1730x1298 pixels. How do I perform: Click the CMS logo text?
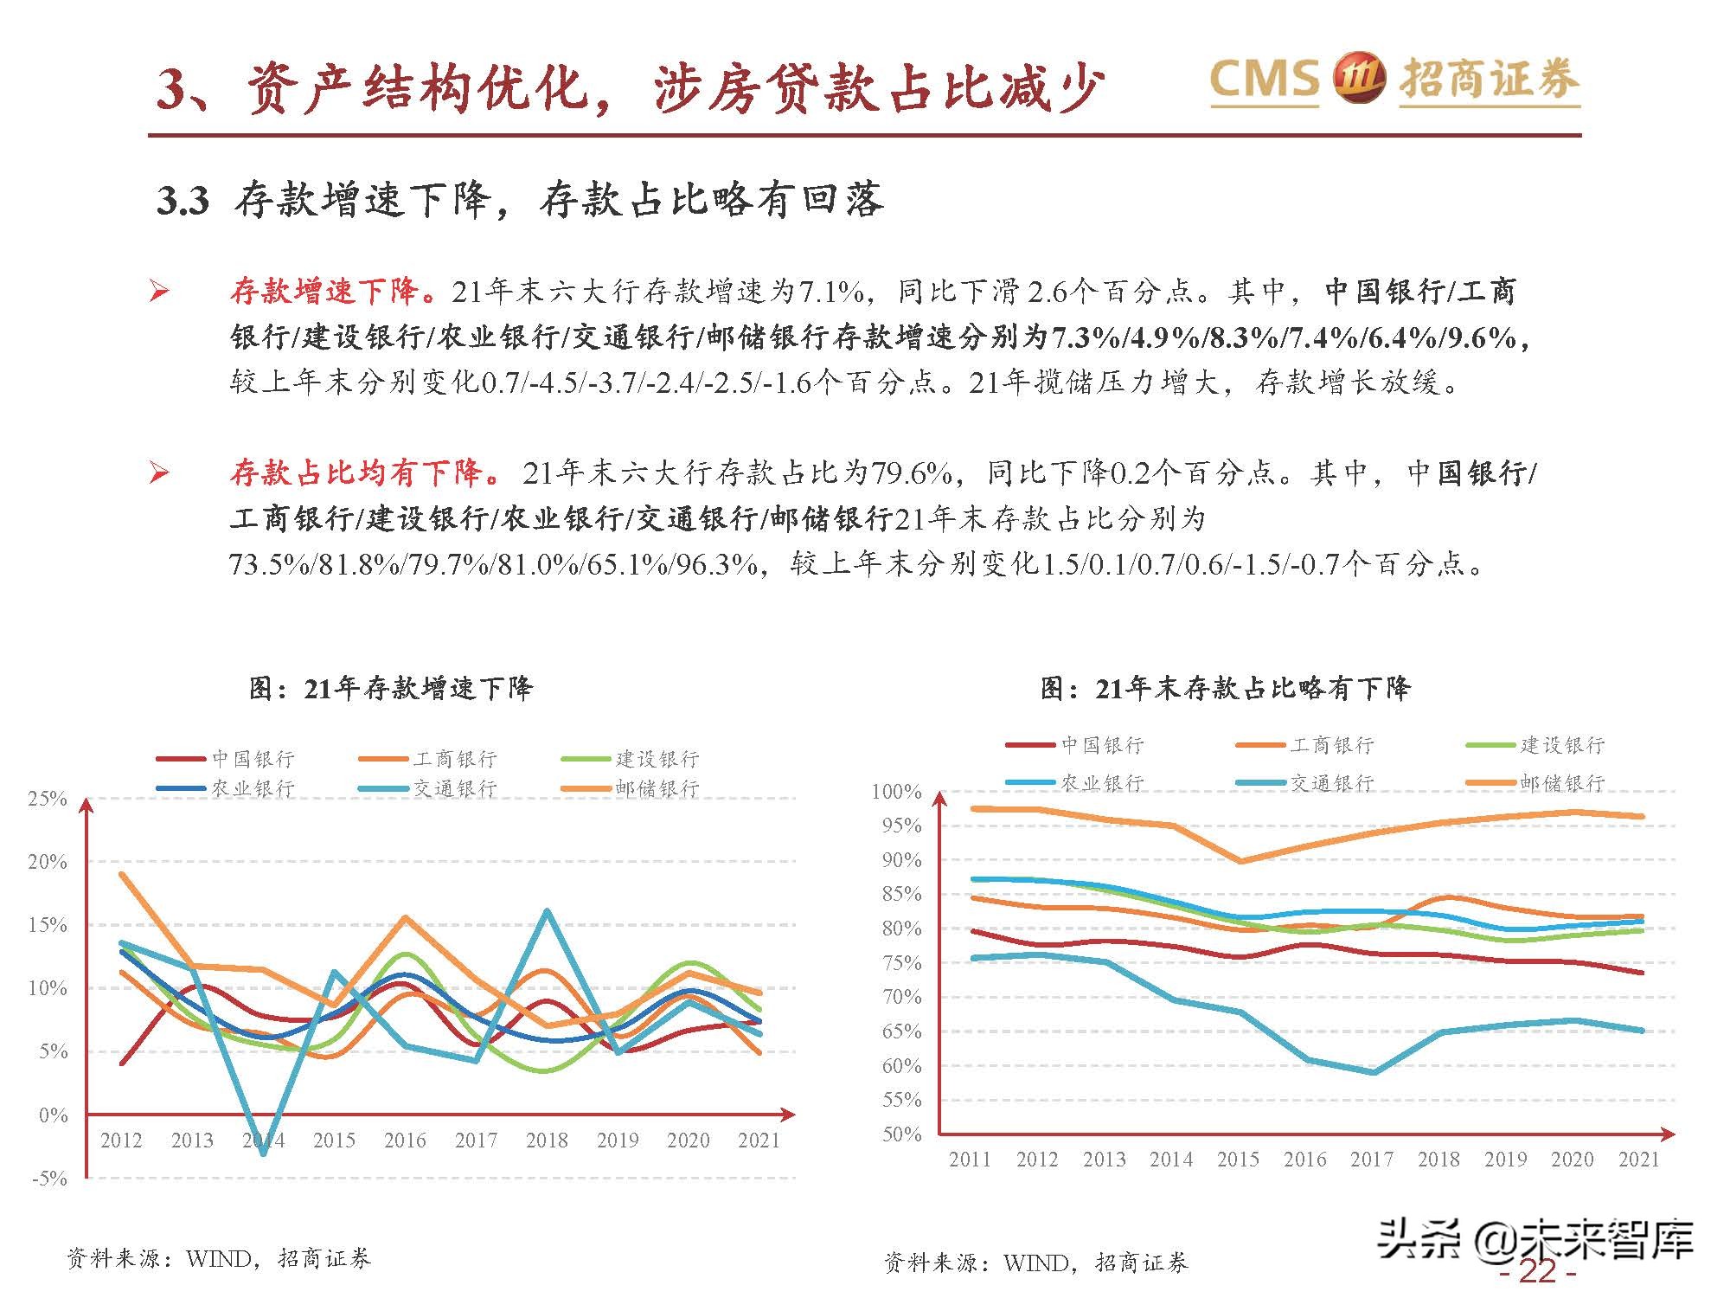1264,78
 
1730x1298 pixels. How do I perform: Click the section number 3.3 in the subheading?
183,201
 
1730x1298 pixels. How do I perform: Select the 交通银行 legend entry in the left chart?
454,788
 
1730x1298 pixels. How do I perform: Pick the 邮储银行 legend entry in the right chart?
1561,782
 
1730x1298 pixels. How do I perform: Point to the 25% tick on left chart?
48,799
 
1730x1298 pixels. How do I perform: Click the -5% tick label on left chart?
49,1178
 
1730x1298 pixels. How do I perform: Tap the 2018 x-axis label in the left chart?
547,1141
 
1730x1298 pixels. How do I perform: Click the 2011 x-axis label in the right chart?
970,1160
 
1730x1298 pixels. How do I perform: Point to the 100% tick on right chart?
897,791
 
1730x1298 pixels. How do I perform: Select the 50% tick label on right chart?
901,1134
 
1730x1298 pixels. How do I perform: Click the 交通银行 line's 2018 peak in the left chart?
547,910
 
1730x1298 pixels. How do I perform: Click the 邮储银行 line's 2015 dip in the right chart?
1240,861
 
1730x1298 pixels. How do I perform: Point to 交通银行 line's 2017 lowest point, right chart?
1374,1072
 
